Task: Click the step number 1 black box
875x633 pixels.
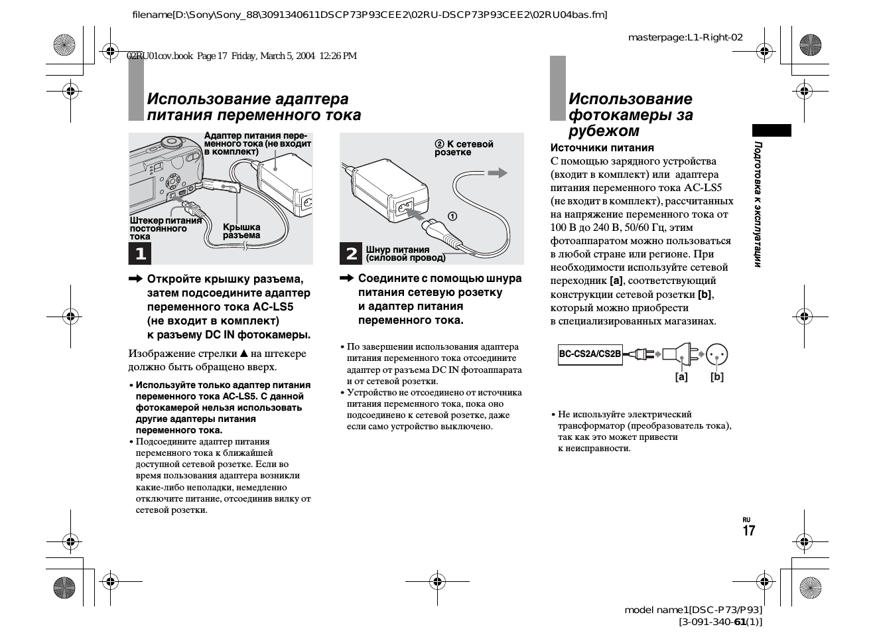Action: click(140, 253)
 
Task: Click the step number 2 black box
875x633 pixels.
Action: click(351, 253)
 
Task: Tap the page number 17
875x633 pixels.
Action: click(748, 531)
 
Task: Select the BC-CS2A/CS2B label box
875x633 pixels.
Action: click(590, 354)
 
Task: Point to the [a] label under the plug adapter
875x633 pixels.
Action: click(681, 377)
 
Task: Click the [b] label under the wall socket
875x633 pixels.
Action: click(716, 377)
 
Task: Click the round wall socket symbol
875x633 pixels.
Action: click(716, 354)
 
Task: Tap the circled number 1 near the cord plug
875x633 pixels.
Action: click(452, 216)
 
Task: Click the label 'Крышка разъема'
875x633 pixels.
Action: click(241, 232)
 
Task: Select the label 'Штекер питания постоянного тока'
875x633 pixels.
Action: click(165, 228)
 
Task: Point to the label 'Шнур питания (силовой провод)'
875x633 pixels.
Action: click(405, 254)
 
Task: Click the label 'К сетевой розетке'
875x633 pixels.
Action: click(464, 148)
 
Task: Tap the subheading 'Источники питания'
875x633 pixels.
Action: click(602, 148)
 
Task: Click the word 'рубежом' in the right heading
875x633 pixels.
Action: click(604, 131)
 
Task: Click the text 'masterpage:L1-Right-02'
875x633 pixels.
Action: click(685, 37)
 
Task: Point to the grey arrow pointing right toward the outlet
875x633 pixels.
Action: click(497, 173)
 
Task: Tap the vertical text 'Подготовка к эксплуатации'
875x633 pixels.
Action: click(758, 204)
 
